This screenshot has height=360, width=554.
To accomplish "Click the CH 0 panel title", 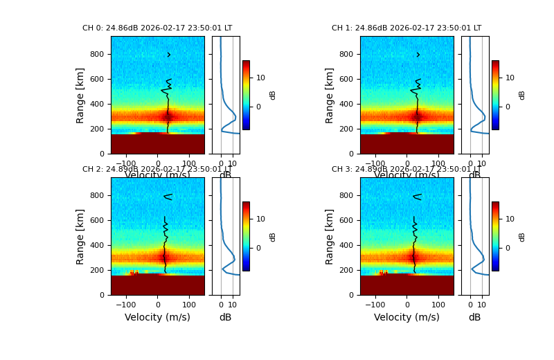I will pos(157,28).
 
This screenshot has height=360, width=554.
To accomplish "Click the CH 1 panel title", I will pos(406,28).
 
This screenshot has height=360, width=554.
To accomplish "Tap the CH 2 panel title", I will pos(157,170).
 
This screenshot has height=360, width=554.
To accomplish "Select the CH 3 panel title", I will pos(406,170).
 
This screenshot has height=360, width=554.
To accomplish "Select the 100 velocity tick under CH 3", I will pos(438,304).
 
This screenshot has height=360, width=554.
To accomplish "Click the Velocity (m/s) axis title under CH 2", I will pos(157,317).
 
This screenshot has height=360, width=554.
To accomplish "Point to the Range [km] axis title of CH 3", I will pos(330,236).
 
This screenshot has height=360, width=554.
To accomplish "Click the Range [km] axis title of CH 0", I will pos(80,95).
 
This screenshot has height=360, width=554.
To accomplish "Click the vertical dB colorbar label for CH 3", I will pos(522,236).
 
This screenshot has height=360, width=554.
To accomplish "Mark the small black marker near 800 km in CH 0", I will pos(168,55).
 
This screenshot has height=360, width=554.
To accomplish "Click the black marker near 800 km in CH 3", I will pos(417,197).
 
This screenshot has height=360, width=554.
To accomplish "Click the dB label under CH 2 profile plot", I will pos(225,317).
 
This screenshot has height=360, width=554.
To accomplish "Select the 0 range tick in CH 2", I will pos(102,295).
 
